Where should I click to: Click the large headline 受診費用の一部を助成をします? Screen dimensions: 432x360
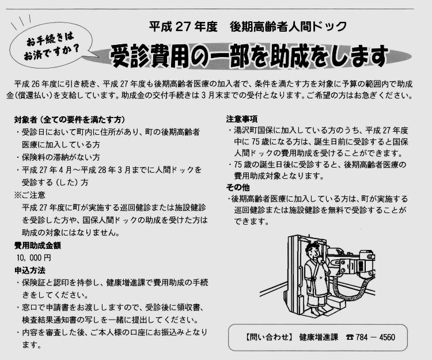click(x=249, y=56)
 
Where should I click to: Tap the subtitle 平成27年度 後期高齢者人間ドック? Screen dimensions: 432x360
click(x=248, y=26)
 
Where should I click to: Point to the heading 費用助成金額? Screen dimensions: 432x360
click(x=37, y=245)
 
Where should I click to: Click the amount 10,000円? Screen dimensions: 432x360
click(x=33, y=258)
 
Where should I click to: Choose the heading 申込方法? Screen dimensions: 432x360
click(x=30, y=270)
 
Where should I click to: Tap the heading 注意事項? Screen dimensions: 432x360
click(x=241, y=119)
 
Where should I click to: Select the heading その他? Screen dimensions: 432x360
click(x=238, y=187)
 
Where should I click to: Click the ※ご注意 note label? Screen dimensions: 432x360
click(x=30, y=195)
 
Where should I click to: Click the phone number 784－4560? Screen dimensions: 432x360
click(x=375, y=337)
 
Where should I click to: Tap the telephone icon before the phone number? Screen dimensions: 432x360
click(x=350, y=337)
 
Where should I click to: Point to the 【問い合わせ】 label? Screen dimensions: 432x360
click(x=268, y=337)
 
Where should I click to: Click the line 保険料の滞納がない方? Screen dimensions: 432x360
click(x=61, y=157)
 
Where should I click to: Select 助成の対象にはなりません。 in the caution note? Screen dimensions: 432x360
click(x=71, y=233)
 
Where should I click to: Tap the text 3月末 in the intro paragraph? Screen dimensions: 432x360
click(x=211, y=96)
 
